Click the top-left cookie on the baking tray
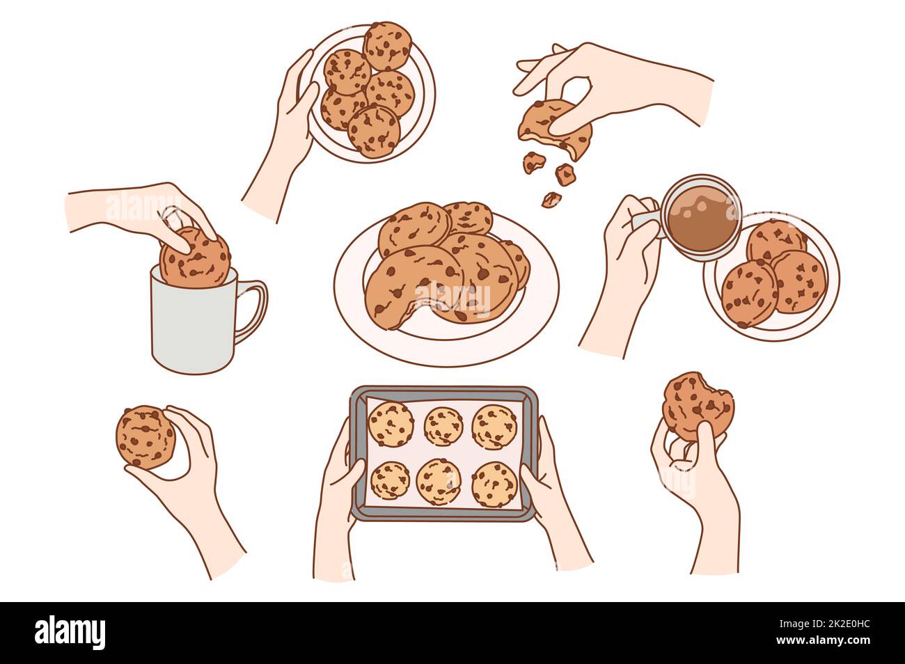point(390,423)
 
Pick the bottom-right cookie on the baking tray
point(494,484)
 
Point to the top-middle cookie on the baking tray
point(443,425)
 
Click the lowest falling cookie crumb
point(551,199)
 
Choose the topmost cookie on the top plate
point(386,45)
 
